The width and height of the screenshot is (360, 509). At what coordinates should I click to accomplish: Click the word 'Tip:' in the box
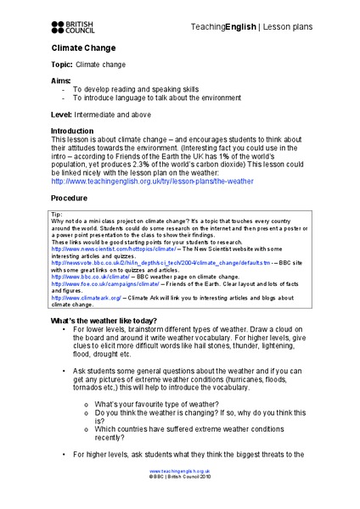[58, 215]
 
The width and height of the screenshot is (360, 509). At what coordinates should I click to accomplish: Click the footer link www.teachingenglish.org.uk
[180, 493]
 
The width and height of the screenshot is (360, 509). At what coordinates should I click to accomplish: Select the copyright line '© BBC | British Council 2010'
[180, 500]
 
